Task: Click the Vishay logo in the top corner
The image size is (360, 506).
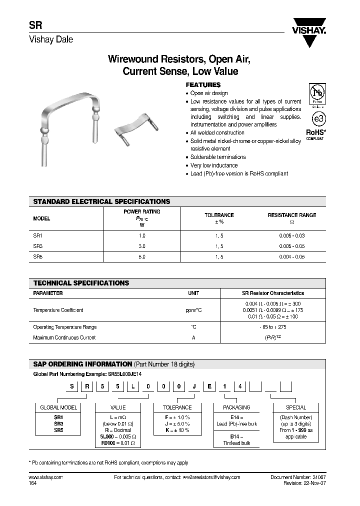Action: coord(309,31)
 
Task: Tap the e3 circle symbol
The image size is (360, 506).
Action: coord(317,118)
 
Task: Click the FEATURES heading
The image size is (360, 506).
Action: coord(203,85)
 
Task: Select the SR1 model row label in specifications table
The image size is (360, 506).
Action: coord(38,235)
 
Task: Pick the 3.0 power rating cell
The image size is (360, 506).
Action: coord(141,246)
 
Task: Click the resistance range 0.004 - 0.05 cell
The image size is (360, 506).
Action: coord(291,256)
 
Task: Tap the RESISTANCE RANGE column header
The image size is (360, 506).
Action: coord(291,215)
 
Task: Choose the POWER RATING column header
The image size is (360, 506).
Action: coord(141,211)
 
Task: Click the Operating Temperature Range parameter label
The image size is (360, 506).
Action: coord(65,327)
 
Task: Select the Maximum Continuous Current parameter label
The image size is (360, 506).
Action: coord(64,337)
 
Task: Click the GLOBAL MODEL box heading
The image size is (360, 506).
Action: coord(58,407)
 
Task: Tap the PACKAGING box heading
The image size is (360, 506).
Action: coord(236,407)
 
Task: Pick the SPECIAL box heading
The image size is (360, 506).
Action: coord(296,407)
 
